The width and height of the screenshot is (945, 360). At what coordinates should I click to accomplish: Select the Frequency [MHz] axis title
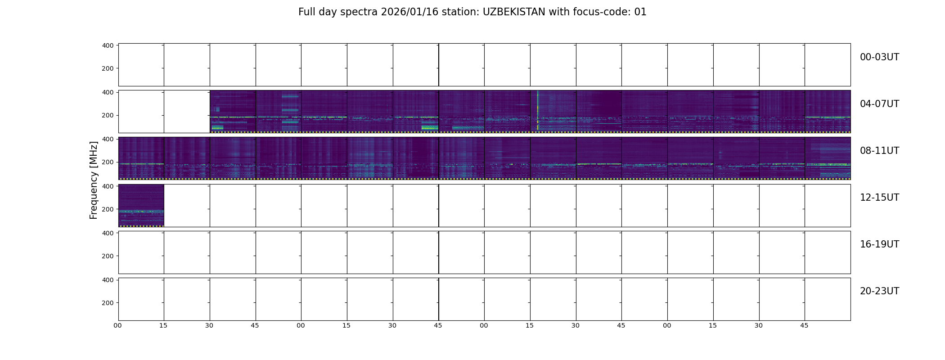[x=94, y=180]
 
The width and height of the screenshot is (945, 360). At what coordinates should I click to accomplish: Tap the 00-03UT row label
[x=879, y=57]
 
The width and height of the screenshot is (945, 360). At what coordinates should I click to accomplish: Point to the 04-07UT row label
[x=879, y=104]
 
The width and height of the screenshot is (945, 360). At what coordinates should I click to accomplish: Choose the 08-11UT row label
[x=879, y=151]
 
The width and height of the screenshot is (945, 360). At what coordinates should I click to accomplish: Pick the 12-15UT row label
[x=879, y=198]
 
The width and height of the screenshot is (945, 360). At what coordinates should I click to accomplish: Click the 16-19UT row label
[x=879, y=244]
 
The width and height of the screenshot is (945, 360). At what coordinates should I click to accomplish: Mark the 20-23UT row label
[x=879, y=291]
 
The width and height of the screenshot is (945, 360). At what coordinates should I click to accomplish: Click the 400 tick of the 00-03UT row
[x=108, y=45]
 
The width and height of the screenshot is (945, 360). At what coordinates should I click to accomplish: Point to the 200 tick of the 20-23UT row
[x=108, y=303]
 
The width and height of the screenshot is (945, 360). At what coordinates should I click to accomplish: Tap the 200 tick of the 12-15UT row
[x=108, y=209]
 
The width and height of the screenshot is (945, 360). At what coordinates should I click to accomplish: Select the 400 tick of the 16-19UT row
[x=108, y=233]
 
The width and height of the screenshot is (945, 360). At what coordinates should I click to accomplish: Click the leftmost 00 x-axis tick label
[x=117, y=325]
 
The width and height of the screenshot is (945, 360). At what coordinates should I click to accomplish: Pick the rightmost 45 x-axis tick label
[x=804, y=325]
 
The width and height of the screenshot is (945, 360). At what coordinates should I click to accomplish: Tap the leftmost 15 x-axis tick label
[x=163, y=325]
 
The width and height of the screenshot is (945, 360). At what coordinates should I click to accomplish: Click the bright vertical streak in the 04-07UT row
[x=537, y=111]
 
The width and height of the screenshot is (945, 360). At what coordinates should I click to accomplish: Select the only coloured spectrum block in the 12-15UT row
[x=141, y=206]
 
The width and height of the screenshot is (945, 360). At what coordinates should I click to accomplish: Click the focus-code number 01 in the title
[x=640, y=12]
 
